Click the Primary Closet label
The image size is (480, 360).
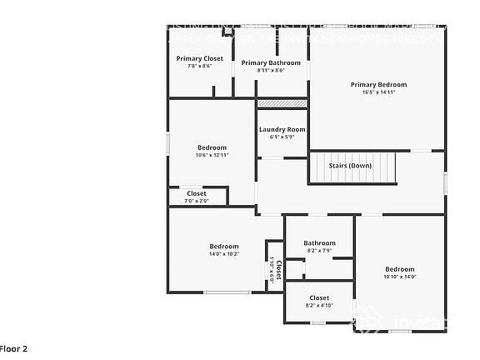[199, 58]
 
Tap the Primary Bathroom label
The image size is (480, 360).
[271, 62]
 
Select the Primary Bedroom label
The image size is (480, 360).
[378, 84]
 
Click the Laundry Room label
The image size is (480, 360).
[282, 129]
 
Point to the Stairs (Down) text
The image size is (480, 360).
[350, 165]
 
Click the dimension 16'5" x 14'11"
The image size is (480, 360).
[378, 92]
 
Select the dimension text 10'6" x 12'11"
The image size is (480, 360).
[212, 155]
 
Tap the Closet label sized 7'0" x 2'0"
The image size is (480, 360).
[197, 193]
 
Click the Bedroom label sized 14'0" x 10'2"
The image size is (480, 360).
[223, 246]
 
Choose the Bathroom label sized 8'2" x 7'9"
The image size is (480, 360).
[319, 242]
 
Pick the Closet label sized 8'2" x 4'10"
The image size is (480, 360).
[319, 297]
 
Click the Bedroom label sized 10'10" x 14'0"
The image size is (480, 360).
[399, 268]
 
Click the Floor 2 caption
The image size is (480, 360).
[14, 348]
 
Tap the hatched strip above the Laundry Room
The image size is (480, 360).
[282, 103]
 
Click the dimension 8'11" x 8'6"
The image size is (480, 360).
[271, 70]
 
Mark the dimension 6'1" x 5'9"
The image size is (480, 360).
[282, 137]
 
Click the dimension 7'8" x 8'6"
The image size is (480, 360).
[199, 66]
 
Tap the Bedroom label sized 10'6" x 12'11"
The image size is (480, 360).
[212, 147]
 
